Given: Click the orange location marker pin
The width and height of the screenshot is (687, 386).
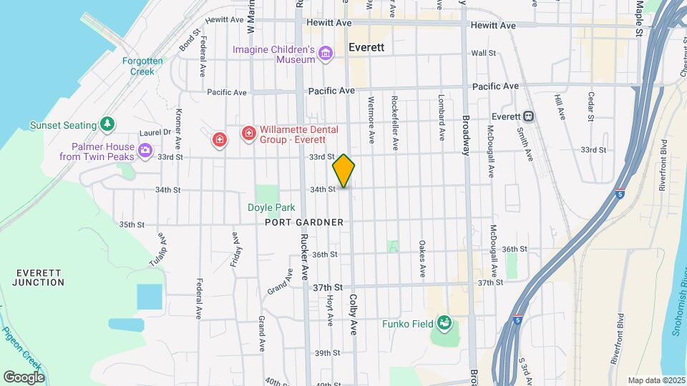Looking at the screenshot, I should tap(343, 171).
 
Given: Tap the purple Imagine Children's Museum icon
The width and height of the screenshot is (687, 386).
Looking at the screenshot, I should tap(326, 52).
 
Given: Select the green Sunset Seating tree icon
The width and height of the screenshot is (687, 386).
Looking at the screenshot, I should tap(107, 124).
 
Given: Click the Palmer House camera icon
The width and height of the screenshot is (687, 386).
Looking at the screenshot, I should tap(145, 150).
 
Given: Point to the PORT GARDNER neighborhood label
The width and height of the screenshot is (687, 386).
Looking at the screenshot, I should tap(304, 222).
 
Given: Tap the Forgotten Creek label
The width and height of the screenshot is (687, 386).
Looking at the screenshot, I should tap(142, 66).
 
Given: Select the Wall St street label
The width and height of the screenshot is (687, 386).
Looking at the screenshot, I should tap(483, 53).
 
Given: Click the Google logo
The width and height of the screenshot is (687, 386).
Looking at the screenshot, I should tap(24, 377).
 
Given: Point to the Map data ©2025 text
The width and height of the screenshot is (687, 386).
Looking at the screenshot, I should tap(656, 380).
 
